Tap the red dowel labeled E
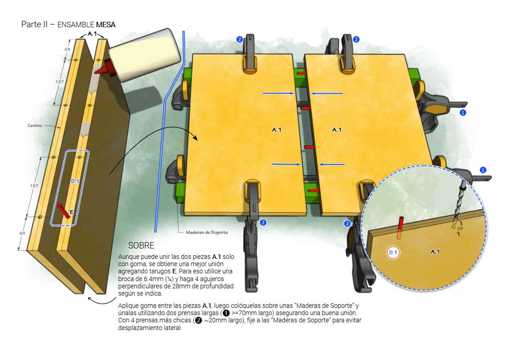tap(64, 211)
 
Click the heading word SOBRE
tap(141, 245)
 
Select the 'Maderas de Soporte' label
tap(207, 232)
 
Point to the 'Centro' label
tap(35, 126)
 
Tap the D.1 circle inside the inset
tap(393, 253)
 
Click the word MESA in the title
tap(106, 24)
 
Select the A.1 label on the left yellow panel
tap(277, 130)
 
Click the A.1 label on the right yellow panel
tap(337, 130)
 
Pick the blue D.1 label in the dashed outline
tap(75, 181)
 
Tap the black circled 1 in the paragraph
tap(226, 313)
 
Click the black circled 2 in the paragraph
tap(198, 321)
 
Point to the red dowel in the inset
tap(400, 228)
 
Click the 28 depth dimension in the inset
tap(460, 229)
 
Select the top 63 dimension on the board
tap(67, 49)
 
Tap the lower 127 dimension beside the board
tap(34, 186)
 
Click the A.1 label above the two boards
tap(92, 34)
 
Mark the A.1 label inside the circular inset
tap(435, 252)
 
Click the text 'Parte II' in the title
tap(34, 24)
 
